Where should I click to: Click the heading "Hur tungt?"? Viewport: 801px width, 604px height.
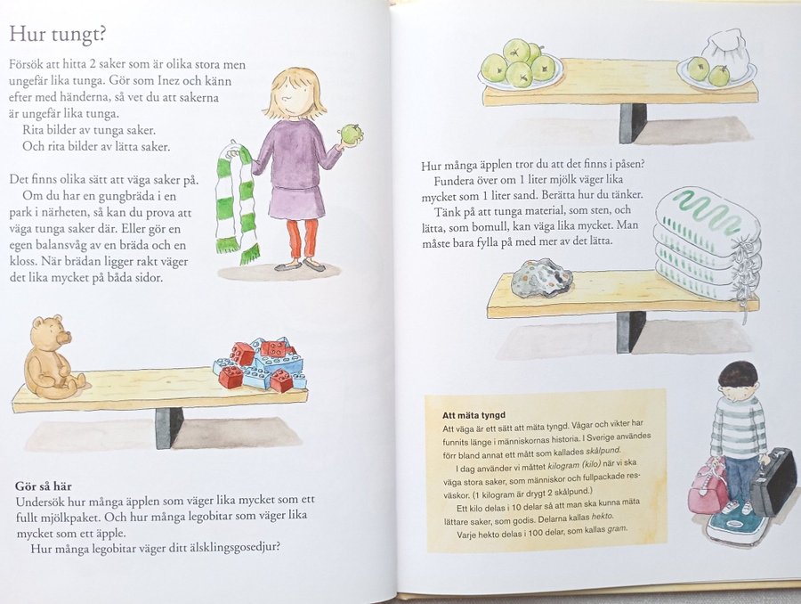point(57,34)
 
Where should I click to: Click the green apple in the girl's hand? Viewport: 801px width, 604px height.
point(352,134)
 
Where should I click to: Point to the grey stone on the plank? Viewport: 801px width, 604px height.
point(543,278)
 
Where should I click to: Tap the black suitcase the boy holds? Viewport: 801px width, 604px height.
point(773,481)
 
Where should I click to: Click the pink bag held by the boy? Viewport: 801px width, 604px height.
point(708,486)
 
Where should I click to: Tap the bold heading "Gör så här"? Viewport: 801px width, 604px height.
point(44,486)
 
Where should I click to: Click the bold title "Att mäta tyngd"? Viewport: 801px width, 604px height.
point(473,415)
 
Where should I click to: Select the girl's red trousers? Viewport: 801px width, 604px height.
point(302,239)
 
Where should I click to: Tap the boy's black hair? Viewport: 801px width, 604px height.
point(737,376)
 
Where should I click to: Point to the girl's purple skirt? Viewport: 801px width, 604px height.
point(296,202)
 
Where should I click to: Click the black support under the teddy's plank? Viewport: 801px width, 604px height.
point(168,428)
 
